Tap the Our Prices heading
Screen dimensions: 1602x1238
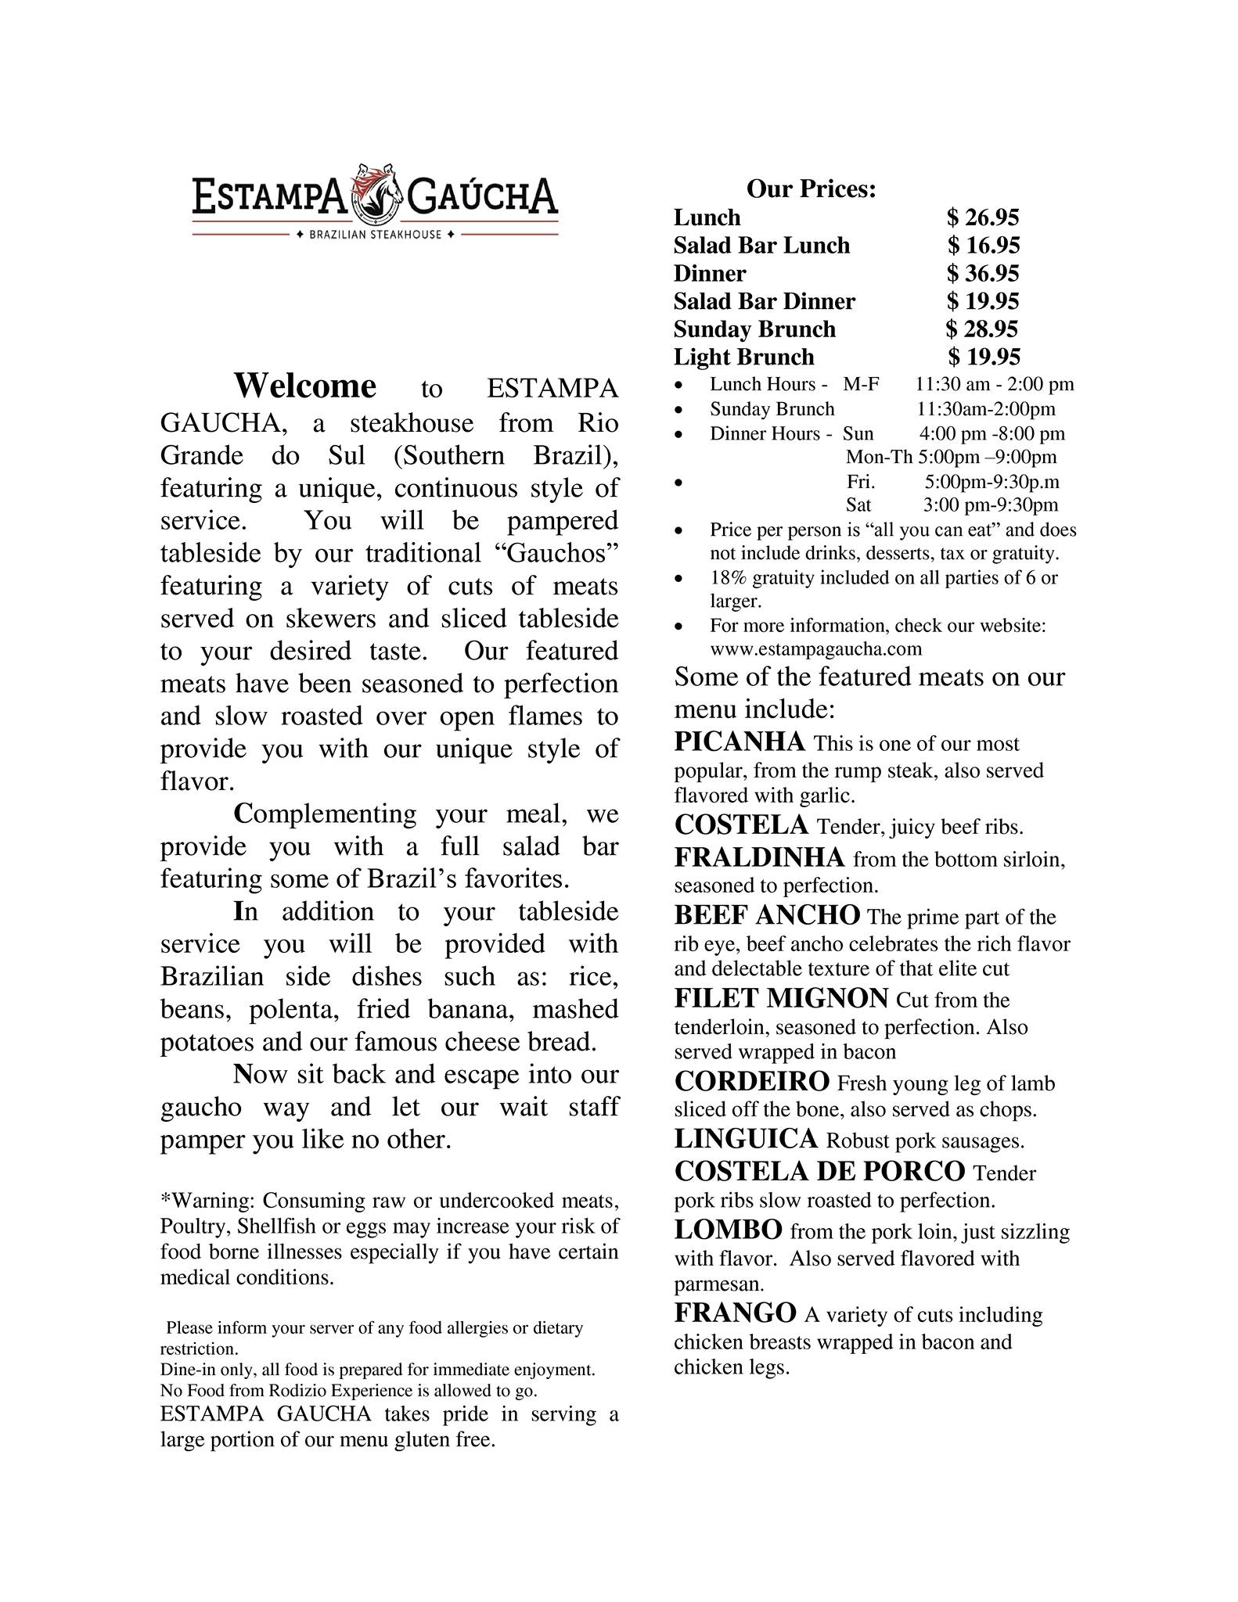811,189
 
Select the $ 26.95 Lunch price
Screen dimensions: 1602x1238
983,217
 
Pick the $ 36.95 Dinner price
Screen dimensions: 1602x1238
983,273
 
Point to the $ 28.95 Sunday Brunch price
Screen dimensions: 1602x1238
982,329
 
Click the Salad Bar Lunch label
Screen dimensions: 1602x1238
761,246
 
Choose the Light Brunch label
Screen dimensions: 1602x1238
743,357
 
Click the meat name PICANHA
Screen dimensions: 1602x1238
740,741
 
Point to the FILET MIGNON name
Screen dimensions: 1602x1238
781,998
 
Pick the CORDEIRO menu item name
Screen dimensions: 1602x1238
751,1081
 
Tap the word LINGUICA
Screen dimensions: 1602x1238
746,1138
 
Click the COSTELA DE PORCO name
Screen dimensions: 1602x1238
819,1171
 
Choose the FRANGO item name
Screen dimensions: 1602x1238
735,1312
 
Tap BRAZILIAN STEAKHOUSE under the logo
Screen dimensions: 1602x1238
376,235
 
